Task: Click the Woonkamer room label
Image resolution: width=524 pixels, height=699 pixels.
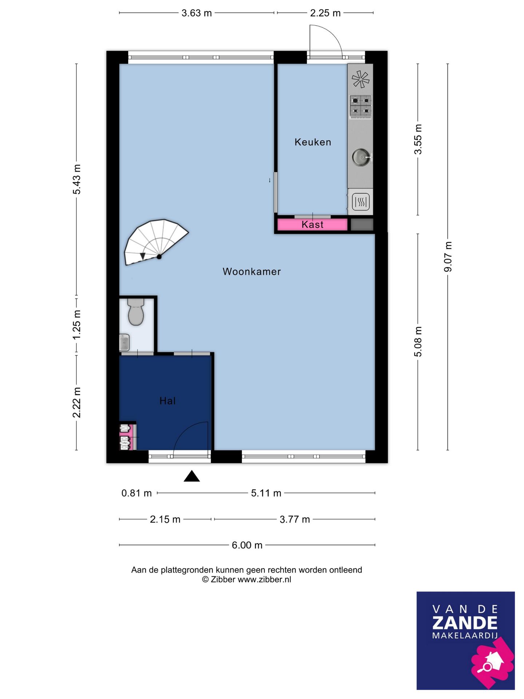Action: [x=251, y=272]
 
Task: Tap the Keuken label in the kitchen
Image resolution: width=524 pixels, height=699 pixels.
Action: [x=313, y=142]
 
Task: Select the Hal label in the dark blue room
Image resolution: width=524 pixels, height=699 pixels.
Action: [x=167, y=401]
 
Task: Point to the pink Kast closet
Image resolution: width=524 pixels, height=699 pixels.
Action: [x=312, y=225]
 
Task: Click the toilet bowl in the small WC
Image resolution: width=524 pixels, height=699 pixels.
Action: [x=136, y=312]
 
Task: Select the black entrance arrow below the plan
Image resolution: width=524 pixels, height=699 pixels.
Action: [x=192, y=476]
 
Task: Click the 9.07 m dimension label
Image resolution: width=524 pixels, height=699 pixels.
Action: [x=448, y=257]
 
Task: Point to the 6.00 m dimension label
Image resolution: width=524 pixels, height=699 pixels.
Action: [x=247, y=545]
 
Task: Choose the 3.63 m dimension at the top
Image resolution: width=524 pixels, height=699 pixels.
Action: [x=196, y=13]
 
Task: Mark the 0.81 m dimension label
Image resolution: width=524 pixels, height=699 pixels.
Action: [x=136, y=493]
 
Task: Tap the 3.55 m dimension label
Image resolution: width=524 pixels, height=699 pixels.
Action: [x=418, y=139]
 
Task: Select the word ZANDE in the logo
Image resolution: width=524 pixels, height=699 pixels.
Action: [x=465, y=623]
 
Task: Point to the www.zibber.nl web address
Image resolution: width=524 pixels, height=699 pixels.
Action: [x=264, y=580]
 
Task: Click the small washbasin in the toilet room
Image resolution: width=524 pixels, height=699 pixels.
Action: [x=124, y=342]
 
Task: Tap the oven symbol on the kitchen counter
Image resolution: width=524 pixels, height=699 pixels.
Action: [x=361, y=202]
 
